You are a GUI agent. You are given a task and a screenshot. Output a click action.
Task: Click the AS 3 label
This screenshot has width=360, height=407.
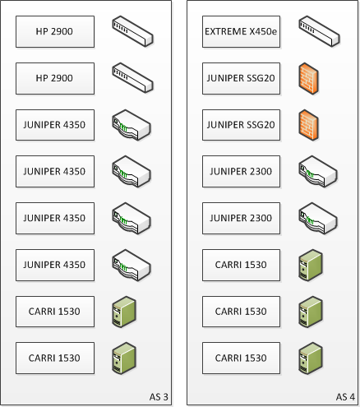pyautogui.click(x=159, y=396)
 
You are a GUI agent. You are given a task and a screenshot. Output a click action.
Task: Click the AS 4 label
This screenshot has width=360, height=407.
pyautogui.click(x=345, y=396)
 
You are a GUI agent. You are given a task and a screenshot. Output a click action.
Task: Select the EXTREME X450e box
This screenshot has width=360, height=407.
pyautogui.click(x=241, y=31)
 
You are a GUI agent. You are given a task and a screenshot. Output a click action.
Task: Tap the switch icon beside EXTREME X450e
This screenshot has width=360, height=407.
pyautogui.click(x=319, y=31)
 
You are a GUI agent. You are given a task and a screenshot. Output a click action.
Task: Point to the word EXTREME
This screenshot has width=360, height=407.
pyautogui.click(x=225, y=31)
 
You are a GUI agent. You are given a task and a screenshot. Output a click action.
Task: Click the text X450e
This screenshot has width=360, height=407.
pyautogui.click(x=263, y=31)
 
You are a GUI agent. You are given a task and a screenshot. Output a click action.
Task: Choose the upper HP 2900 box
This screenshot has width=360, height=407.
pyautogui.click(x=55, y=31)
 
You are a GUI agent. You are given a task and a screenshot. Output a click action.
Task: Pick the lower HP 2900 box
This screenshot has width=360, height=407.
pyautogui.click(x=55, y=78)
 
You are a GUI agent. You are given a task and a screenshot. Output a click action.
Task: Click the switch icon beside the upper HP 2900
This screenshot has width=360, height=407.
pyautogui.click(x=133, y=31)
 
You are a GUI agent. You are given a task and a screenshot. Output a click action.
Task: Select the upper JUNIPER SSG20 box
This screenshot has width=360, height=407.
pyautogui.click(x=241, y=78)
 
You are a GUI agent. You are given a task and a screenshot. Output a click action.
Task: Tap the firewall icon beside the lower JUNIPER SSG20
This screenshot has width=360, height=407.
pyautogui.click(x=308, y=125)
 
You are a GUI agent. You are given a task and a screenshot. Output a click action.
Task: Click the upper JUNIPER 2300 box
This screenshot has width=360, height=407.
pyautogui.click(x=241, y=172)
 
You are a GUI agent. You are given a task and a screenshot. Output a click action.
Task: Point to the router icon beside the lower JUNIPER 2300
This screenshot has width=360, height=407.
pyautogui.click(x=318, y=219)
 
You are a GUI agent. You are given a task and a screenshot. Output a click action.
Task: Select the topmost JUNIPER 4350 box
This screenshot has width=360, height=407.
pyautogui.click(x=55, y=125)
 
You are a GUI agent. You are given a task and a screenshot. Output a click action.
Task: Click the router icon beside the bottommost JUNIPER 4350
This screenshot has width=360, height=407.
pyautogui.click(x=132, y=266)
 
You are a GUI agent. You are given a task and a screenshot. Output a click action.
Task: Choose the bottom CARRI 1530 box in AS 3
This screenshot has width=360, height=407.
pyautogui.click(x=55, y=358)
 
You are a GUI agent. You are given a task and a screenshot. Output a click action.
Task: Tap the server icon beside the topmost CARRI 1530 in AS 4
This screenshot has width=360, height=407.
pyautogui.click(x=311, y=266)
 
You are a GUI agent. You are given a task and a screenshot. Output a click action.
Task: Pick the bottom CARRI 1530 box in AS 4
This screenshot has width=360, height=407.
pyautogui.click(x=241, y=358)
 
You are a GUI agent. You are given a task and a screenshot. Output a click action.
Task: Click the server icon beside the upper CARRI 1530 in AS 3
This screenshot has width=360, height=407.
pyautogui.click(x=124, y=312)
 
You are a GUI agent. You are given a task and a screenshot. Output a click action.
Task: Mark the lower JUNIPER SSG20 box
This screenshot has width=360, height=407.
pyautogui.click(x=241, y=125)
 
